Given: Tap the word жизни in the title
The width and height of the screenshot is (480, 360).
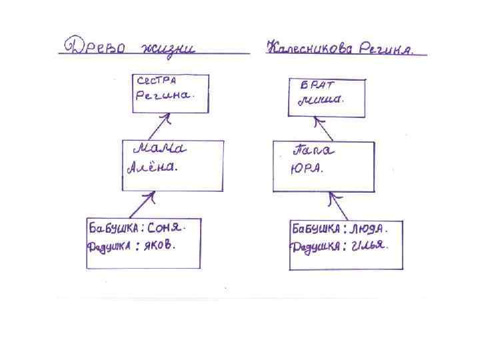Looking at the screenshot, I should click(x=166, y=49).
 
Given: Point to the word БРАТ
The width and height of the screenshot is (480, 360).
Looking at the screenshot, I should click(x=317, y=85).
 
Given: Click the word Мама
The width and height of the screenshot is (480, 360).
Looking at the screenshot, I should click(x=163, y=147).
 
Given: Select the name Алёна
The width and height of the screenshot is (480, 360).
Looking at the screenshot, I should click(x=152, y=168).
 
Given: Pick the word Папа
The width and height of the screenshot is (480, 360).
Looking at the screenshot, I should click(x=313, y=150).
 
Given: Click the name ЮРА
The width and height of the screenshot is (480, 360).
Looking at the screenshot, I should click(x=306, y=169).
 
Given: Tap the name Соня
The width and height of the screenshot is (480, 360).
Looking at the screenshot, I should click(x=165, y=227).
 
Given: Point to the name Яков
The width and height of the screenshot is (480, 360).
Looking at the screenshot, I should click(x=161, y=245).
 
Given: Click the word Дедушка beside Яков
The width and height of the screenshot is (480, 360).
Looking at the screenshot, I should click(x=110, y=247).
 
